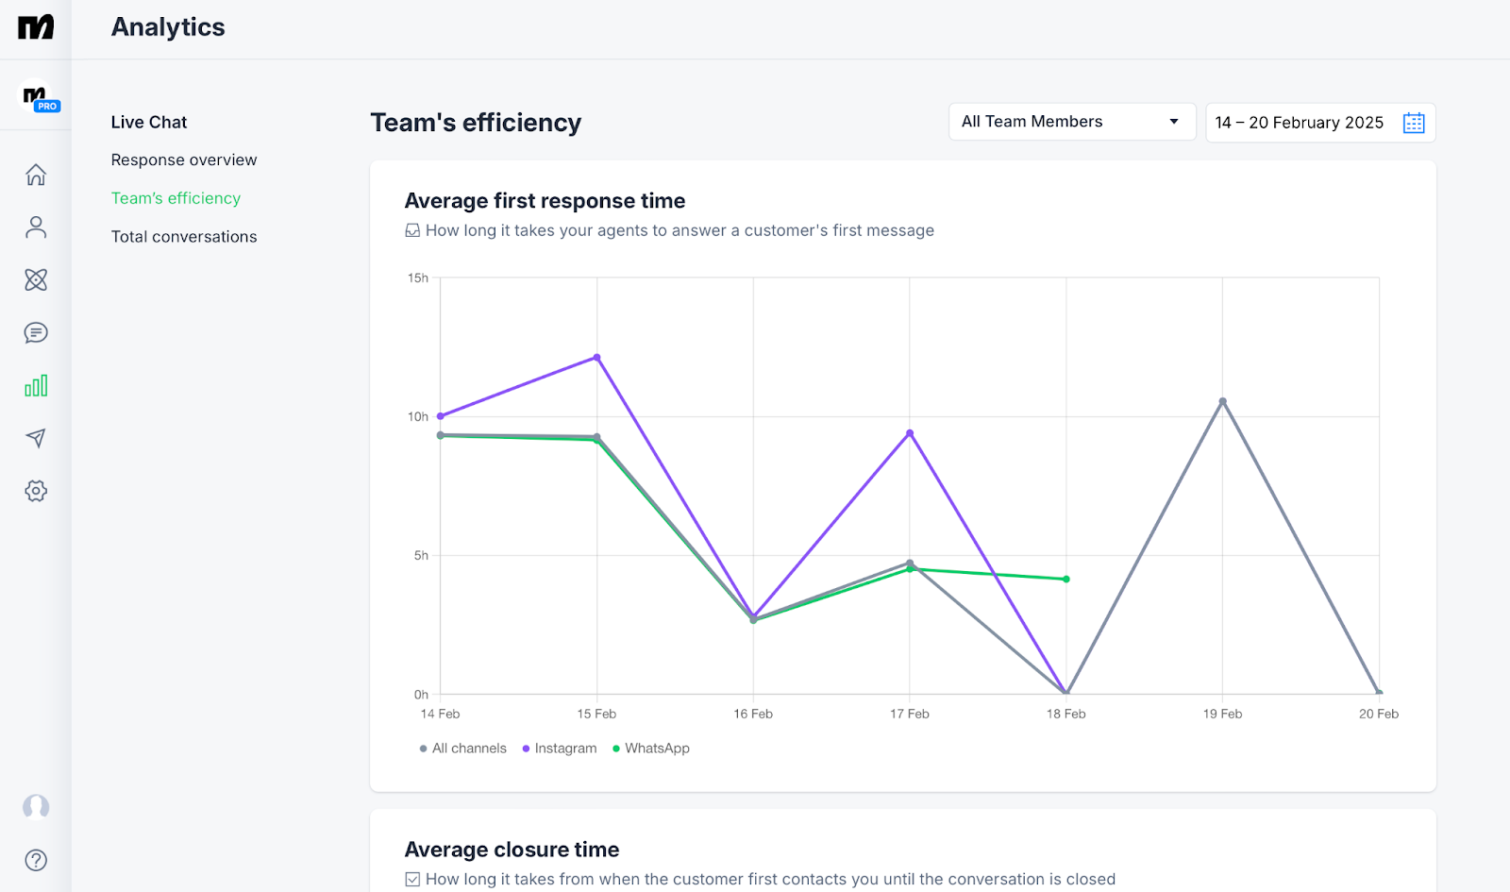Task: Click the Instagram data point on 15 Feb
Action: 596,358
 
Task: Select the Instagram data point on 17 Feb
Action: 910,433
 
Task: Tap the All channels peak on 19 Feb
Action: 1222,401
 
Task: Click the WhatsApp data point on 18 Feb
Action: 1066,580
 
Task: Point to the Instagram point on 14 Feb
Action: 441,416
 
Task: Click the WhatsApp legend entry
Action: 651,749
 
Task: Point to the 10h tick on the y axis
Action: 418,416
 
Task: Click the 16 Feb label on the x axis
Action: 753,714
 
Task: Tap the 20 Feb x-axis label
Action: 1378,714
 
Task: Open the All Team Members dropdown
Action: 1071,122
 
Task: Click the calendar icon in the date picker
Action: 1413,123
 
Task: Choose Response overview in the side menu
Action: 184,160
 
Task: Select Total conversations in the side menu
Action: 184,237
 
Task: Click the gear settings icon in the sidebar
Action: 36,491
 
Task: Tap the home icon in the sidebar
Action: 36,175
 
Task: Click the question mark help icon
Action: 36,860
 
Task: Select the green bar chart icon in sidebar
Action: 36,386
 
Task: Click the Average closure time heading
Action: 512,850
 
